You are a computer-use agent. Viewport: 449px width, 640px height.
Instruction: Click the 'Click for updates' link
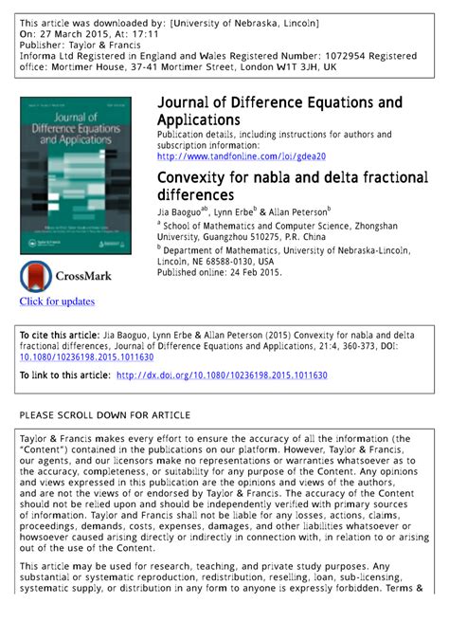coord(57,302)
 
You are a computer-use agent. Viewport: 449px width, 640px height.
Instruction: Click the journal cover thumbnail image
coord(79,174)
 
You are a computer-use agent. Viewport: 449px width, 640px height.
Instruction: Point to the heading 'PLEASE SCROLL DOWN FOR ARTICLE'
coord(105,415)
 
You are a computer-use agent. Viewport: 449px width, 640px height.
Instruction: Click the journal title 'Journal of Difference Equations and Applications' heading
coord(278,111)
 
